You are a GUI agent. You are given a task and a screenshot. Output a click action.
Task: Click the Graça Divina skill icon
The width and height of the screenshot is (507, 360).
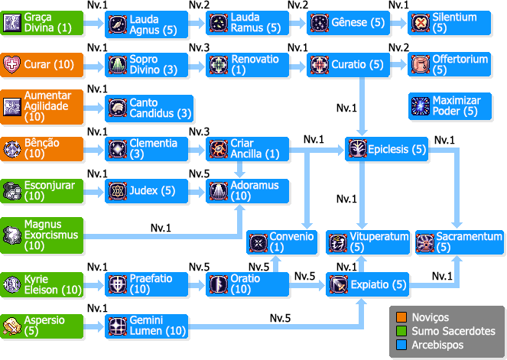12,23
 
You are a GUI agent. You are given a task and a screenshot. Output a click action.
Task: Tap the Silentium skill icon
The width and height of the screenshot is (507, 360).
420,23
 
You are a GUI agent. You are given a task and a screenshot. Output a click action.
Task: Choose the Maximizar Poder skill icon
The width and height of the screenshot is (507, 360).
420,106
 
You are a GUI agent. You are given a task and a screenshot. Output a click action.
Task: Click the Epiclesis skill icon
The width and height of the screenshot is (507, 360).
357,149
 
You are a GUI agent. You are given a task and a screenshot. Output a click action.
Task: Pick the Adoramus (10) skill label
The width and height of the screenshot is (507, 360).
251,190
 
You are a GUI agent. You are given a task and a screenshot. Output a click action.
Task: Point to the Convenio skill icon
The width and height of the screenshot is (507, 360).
258,242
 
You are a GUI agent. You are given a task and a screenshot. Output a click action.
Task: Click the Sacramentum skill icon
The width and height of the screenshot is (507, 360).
425,242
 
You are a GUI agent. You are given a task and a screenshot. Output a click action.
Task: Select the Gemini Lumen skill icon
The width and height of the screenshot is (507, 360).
117,326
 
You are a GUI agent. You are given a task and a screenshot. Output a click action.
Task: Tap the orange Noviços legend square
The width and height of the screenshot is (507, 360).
401,317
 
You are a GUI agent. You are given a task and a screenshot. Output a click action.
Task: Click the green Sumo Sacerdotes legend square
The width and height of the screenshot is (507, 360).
401,331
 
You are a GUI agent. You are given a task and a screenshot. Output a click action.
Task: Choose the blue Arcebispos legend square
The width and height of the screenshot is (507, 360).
401,345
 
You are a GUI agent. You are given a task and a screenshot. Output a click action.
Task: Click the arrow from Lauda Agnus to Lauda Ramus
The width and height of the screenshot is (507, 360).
197,24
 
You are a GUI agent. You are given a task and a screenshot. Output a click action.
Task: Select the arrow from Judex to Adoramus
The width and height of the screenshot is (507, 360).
197,190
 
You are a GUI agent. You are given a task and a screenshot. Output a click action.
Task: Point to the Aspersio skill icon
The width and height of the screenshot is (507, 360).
12,325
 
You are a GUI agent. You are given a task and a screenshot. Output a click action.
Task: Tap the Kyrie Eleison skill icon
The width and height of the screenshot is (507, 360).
12,284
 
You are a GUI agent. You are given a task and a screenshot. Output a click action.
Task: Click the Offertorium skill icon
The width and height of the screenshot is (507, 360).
420,65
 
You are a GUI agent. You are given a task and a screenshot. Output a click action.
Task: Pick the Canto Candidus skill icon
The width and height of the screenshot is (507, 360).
117,107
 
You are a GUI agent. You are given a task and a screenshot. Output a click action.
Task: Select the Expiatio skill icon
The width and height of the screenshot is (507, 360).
339,284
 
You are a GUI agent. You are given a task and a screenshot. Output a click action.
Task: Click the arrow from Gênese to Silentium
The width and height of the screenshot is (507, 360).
399,24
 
